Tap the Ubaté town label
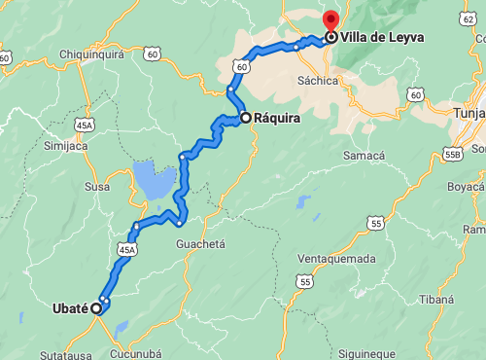pyautogui.click(x=69, y=308)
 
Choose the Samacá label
pyautogui.click(x=364, y=156)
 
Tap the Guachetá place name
pyautogui.click(x=201, y=243)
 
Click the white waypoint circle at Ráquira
pyautogui.click(x=246, y=118)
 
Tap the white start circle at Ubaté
pyautogui.click(x=96, y=308)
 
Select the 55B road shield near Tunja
pyautogui.click(x=452, y=153)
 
